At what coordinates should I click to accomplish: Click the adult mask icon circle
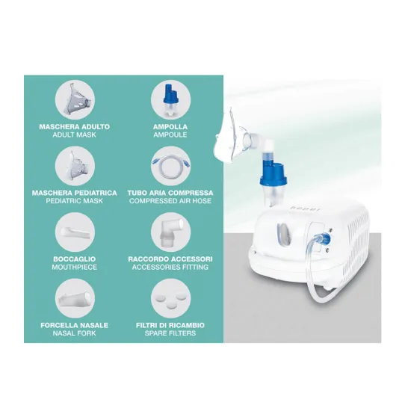(75, 100)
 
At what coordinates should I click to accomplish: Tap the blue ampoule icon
(170, 100)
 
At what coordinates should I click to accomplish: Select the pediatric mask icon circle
(75, 166)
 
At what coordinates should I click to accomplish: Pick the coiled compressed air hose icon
(170, 166)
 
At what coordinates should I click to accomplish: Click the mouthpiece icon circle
(75, 232)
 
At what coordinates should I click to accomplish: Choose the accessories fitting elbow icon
(170, 232)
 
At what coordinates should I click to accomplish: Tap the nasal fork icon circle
(75, 298)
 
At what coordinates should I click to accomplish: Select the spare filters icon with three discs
(170, 298)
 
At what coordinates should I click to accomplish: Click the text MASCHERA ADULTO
(75, 127)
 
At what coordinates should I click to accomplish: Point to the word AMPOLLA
(170, 127)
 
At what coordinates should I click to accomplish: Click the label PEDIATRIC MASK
(75, 201)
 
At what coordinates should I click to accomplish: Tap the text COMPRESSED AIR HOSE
(170, 201)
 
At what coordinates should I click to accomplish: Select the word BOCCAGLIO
(75, 259)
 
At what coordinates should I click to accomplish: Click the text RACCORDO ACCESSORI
(170, 259)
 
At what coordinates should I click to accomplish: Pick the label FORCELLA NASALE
(75, 325)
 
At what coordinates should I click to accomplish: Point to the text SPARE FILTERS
(170, 333)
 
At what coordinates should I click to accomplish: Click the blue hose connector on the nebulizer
(326, 238)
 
